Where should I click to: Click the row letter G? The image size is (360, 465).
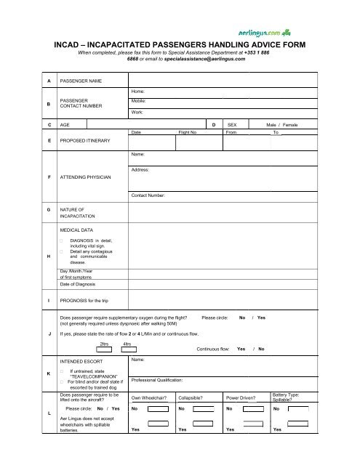pos(48,209)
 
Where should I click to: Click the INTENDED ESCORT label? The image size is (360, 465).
pos(83,360)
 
